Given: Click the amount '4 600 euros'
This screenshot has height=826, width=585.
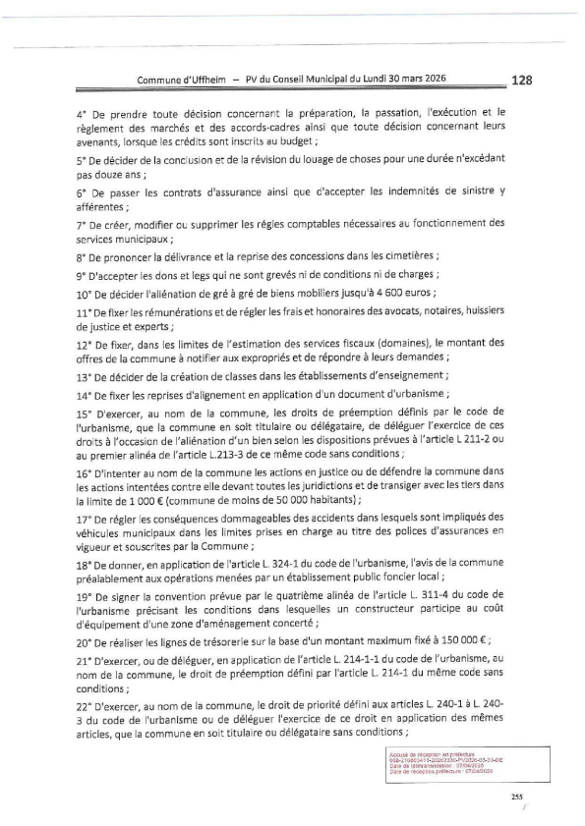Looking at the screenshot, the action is coord(403,294).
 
